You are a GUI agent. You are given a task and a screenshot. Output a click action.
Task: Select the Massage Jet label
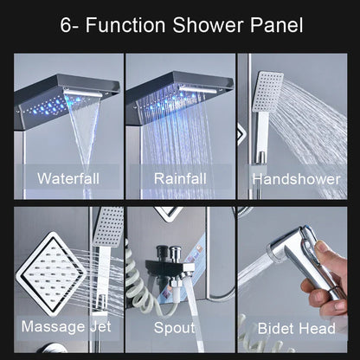(66, 328)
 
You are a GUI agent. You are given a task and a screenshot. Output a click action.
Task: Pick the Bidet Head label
(297, 328)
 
